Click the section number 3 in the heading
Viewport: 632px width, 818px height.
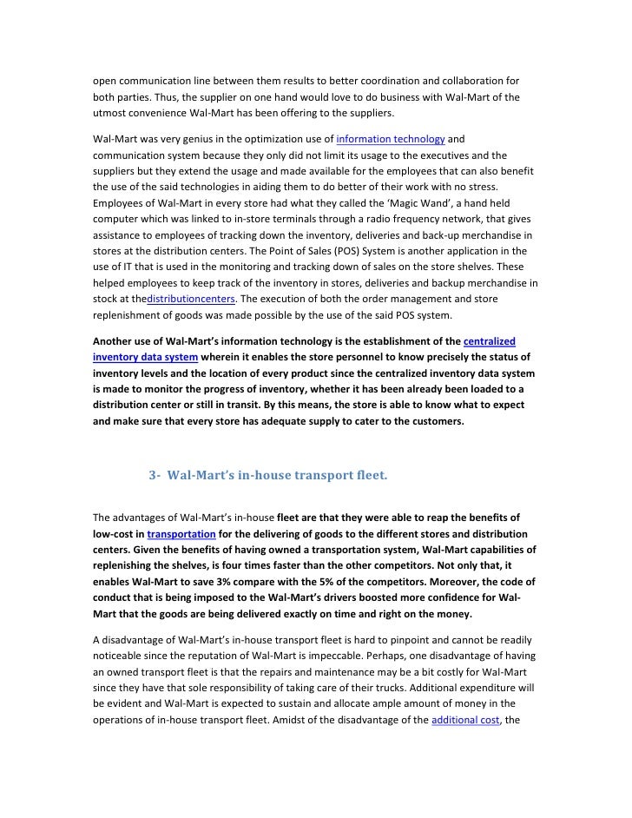point(153,475)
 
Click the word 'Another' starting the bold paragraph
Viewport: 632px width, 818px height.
point(115,341)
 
